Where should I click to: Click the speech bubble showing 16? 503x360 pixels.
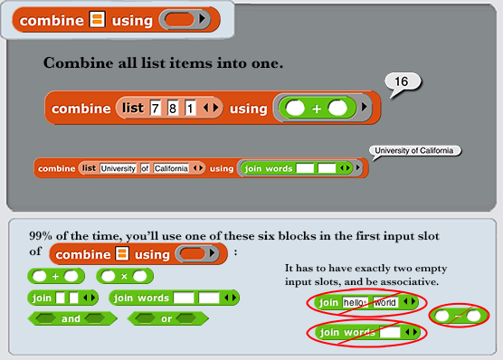tap(403, 82)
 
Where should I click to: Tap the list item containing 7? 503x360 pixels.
tap(156, 109)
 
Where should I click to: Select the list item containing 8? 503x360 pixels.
tap(173, 109)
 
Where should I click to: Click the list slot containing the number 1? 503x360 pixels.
tap(190, 109)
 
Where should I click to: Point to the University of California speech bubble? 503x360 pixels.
tap(414, 151)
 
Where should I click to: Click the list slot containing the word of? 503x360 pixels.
tap(145, 168)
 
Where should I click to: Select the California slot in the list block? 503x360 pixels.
tap(171, 168)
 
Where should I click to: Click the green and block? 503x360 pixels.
tap(72, 318)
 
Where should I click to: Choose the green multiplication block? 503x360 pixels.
tap(125, 276)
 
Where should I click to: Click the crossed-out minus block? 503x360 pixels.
tap(459, 316)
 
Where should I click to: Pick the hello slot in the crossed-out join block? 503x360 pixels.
tap(356, 302)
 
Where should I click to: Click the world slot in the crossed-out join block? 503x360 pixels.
tap(385, 302)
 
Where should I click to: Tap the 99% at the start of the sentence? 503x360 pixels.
tap(41, 236)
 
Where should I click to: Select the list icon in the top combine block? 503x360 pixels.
tap(97, 19)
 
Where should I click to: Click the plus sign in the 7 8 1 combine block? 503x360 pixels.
tap(317, 109)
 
